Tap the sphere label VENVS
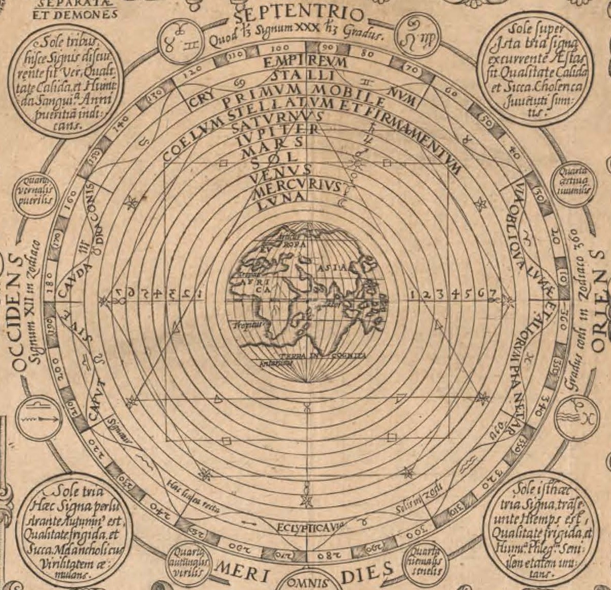coord(281,169)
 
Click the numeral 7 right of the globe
coord(491,294)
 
